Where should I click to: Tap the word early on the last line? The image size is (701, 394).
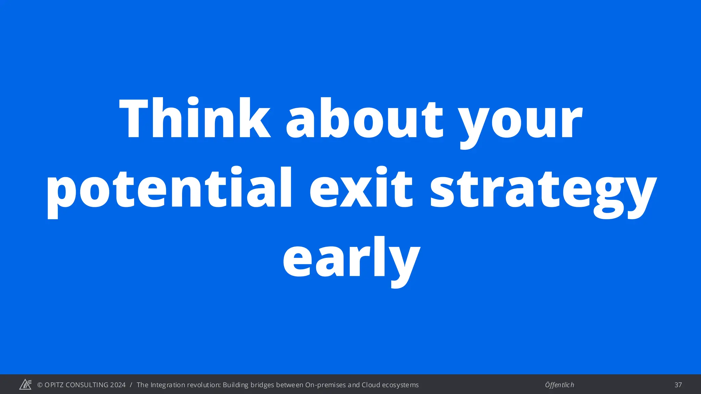coord(352,260)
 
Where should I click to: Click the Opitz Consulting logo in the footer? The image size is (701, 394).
coord(25,385)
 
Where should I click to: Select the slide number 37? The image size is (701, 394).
coord(678,385)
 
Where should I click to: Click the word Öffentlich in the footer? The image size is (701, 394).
coord(559,385)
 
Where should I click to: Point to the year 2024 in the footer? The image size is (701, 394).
coord(118,385)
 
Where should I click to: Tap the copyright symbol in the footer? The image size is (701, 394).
coord(40,385)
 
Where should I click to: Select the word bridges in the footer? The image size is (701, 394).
coord(263,385)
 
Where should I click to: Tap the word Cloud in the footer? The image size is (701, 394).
coord(371,385)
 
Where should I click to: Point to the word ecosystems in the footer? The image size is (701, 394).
coord(400,385)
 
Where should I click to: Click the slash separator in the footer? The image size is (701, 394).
coord(131,385)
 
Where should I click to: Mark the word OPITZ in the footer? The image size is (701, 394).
coord(54,385)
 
